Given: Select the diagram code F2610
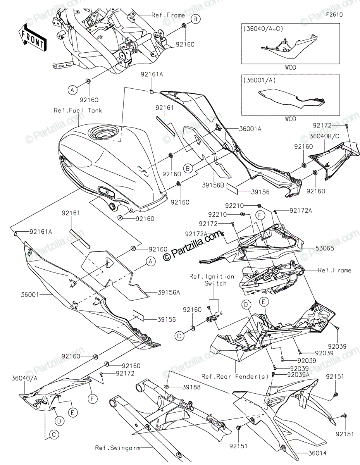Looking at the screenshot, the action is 334,15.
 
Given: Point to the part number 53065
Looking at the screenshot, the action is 324,248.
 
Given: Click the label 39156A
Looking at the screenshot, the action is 169,292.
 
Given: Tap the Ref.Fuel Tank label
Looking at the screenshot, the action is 78,110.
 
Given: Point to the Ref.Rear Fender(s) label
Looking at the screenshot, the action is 235,376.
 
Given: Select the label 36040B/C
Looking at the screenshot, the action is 324,136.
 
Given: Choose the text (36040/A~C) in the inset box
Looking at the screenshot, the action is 263,29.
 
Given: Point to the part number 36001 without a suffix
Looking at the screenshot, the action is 30,294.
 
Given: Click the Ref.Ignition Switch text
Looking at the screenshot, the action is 212,280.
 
